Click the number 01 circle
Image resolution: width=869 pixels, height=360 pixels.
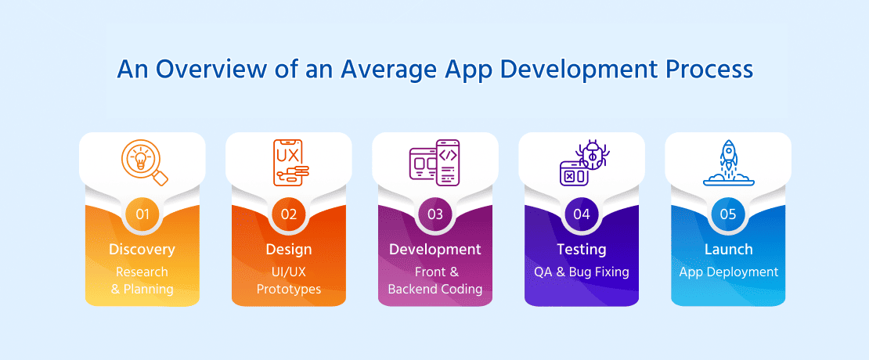pos(142,213)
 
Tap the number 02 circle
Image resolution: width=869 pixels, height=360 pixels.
pos(288,213)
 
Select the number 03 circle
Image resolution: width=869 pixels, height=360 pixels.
pos(434,213)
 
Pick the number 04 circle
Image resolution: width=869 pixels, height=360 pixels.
pos(581,213)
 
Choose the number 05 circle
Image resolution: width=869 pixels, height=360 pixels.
pos(727,213)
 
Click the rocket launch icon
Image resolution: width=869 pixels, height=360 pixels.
pos(727,163)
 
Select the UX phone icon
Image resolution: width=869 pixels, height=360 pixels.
pos(289,163)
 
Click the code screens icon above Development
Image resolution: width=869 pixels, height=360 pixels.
pos(434,163)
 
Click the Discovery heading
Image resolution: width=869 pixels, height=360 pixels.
pos(142,250)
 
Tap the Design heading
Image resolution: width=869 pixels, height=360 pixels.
pos(288,250)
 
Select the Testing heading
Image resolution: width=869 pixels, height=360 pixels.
pos(581,250)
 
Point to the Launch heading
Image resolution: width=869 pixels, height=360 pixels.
pos(727,250)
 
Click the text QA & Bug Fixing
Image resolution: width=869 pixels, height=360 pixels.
pos(581,272)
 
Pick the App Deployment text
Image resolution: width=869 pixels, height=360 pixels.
pos(727,272)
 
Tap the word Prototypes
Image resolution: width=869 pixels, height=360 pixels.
pos(288,290)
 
